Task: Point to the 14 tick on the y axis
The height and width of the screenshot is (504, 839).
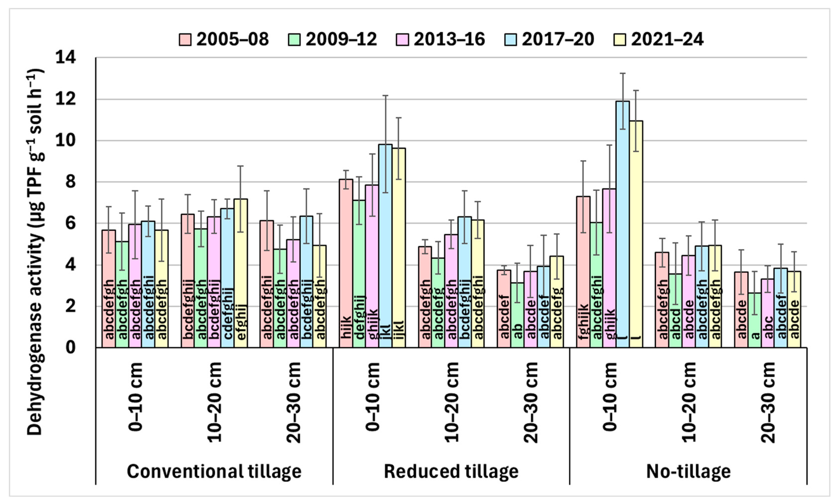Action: click(x=66, y=57)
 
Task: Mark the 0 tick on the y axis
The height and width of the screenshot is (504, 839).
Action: click(x=70, y=347)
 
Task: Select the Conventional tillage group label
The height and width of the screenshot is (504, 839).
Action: click(x=214, y=471)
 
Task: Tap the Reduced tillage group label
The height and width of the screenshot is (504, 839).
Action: click(x=451, y=471)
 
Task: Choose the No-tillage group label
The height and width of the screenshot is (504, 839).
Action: click(x=688, y=471)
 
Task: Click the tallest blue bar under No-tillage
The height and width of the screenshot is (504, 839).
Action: click(x=623, y=224)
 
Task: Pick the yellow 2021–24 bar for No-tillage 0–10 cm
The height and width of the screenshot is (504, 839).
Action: click(x=636, y=234)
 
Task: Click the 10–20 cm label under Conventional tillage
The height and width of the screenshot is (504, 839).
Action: click(x=215, y=402)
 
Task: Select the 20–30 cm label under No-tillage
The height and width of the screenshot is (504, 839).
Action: click(x=768, y=402)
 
